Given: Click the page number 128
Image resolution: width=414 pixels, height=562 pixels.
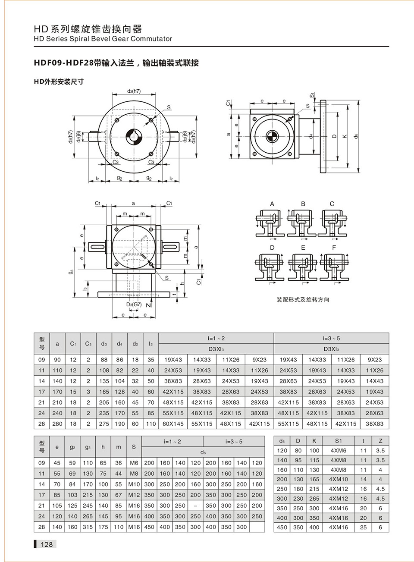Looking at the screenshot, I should coord(46,544).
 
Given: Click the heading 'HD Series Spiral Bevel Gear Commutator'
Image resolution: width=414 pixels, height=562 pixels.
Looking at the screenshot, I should coord(103,39).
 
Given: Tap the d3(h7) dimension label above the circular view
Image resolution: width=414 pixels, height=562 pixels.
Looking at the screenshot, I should coord(134,91).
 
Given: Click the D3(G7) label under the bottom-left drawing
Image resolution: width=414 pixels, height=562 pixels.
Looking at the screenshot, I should coord(134,305).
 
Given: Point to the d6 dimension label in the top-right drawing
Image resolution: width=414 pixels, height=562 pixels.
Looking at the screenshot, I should coord(356,136).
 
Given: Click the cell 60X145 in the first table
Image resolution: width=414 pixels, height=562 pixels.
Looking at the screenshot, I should coord(173,424).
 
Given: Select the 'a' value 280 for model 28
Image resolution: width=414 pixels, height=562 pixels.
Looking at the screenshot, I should coord(57,424).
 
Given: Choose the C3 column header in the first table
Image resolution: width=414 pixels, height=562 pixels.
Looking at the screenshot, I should coord(88,344).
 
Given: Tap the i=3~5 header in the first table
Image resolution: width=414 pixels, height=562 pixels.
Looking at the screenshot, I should coord(331,338).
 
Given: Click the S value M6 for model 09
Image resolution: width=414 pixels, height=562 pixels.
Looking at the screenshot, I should coord(134,463).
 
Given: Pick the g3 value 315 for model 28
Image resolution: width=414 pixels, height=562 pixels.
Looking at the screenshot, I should coord(88,527).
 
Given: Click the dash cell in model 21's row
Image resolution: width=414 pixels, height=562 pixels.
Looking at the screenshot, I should coord(195,505).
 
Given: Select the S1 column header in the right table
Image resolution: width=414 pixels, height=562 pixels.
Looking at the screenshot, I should coord(338,441).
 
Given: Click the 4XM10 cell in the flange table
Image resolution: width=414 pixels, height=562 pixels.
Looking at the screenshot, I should coord(338,479).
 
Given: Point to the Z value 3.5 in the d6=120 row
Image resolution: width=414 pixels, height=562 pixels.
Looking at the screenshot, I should coord(380,450).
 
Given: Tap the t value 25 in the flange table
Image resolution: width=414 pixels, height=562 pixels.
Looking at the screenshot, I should coord(363,527).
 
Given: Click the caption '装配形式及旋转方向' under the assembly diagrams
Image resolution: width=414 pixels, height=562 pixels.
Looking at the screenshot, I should coord(303,299).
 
